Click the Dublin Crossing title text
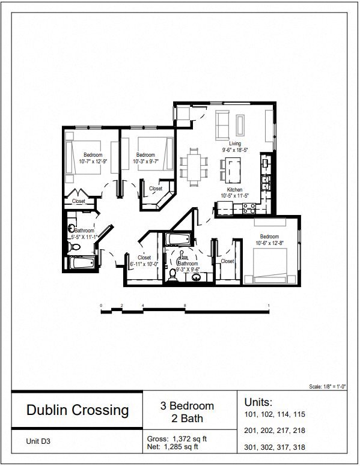(x=78, y=410)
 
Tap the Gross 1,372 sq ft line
(x=181, y=438)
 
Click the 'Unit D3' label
(x=39, y=441)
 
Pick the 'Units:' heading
(x=258, y=401)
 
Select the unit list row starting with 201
(x=275, y=431)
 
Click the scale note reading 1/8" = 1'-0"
(x=329, y=387)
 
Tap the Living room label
(x=234, y=144)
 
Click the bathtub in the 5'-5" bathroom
(x=81, y=263)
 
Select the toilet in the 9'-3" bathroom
(x=173, y=274)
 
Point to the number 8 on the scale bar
(x=185, y=306)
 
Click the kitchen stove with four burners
(x=249, y=208)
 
